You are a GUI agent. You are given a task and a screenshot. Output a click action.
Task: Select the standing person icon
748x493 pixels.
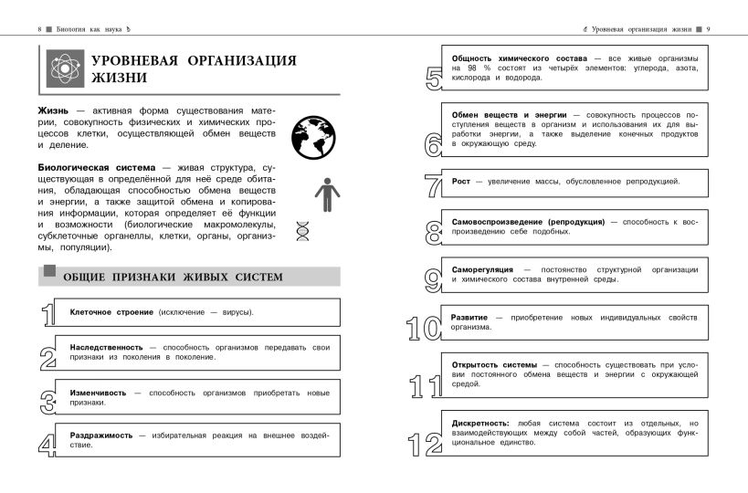pyautogui.click(x=325, y=194)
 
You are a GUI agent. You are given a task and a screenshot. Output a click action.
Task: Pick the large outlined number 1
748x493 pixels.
pyautogui.click(x=48, y=313)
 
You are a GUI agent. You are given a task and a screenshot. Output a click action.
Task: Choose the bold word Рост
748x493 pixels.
pyautogui.click(x=461, y=181)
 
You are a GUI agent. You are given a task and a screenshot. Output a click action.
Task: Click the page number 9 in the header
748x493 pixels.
pyautogui.click(x=709, y=29)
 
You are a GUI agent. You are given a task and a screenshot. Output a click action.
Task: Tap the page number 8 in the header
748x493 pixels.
pyautogui.click(x=40, y=29)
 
